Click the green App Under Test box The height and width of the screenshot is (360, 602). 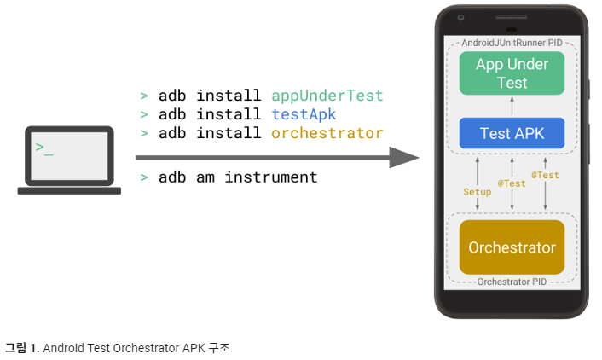pos(512,73)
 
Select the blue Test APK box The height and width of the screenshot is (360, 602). pos(512,133)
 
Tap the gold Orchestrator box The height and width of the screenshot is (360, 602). pos(512,247)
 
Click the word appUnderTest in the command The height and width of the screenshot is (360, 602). pos(327,96)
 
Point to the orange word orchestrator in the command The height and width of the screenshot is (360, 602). pos(327,133)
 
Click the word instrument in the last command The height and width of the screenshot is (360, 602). pos(271,177)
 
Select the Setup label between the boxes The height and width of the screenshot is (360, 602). pos(477,192)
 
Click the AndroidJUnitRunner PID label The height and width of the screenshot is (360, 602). pos(512,42)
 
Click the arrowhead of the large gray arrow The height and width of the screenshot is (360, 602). pos(404,158)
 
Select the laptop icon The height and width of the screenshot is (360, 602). pos(69,160)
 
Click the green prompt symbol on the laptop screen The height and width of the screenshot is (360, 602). pos(43,148)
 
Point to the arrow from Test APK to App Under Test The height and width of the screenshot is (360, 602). pos(512,106)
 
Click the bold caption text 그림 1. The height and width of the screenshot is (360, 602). pos(21,347)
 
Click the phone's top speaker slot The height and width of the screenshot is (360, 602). pos(512,17)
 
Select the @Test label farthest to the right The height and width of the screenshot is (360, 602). pos(545,175)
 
